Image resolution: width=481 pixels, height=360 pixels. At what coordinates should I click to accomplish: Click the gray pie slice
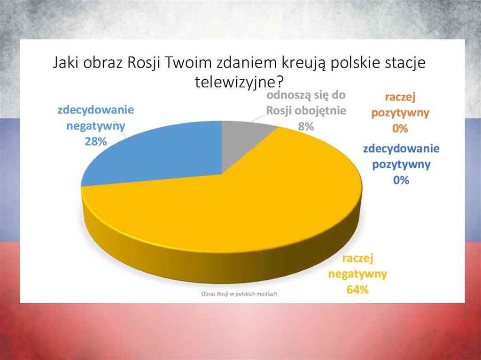pyautogui.click(x=242, y=141)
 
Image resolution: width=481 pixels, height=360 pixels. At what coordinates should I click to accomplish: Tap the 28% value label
pyautogui.click(x=96, y=141)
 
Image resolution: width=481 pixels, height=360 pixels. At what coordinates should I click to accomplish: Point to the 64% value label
pyautogui.click(x=357, y=290)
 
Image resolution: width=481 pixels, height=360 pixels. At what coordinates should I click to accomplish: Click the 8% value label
pyautogui.click(x=306, y=126)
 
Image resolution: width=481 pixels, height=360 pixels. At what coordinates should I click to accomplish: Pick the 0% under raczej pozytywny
pyautogui.click(x=400, y=129)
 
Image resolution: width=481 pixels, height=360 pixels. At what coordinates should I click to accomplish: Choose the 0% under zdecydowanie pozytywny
pyautogui.click(x=401, y=180)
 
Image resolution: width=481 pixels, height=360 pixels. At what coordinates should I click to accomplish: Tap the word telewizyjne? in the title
pyautogui.click(x=239, y=82)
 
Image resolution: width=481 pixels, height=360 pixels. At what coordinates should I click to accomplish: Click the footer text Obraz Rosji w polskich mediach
pyautogui.click(x=239, y=294)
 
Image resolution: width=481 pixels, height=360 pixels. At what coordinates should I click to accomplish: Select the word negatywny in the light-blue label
pyautogui.click(x=96, y=126)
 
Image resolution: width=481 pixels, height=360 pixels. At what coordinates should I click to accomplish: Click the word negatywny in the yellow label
pyautogui.click(x=357, y=274)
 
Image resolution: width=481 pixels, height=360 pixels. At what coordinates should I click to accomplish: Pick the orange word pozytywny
pyautogui.click(x=400, y=113)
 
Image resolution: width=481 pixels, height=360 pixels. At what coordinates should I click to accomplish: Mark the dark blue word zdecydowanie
pyautogui.click(x=401, y=149)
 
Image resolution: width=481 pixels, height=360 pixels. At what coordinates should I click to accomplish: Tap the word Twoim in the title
pyautogui.click(x=188, y=63)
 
